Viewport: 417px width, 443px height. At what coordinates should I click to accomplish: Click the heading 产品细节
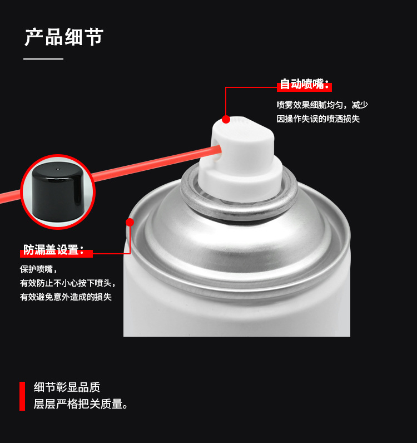pyautogui.click(x=64, y=37)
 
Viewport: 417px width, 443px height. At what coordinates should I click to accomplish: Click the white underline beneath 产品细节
pyautogui.click(x=43, y=59)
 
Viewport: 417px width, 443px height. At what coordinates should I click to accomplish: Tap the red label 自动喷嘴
pyautogui.click(x=304, y=85)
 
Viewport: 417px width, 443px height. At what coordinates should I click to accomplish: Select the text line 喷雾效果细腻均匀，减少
pyautogui.click(x=322, y=105)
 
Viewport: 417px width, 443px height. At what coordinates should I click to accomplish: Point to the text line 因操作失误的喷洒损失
pyautogui.click(x=318, y=119)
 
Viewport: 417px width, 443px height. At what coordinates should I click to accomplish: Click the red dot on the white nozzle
pyautogui.click(x=226, y=119)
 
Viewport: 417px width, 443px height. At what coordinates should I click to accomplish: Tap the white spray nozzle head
pyautogui.click(x=241, y=158)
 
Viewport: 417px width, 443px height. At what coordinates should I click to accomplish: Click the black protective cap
pyautogui.click(x=58, y=192)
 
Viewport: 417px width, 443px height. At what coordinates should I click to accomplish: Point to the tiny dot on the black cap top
pyautogui.click(x=58, y=169)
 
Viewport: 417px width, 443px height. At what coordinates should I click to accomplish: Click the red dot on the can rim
pyautogui.click(x=130, y=222)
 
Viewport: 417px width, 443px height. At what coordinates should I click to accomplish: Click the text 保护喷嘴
pyautogui.click(x=38, y=269)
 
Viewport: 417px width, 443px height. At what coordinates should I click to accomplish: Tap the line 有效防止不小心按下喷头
pyautogui.click(x=67, y=283)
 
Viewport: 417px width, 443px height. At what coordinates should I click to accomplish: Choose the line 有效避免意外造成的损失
pyautogui.click(x=66, y=297)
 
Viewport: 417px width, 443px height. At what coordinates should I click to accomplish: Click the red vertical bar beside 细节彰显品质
pyautogui.click(x=22, y=396)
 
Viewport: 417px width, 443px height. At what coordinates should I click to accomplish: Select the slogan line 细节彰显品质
pyautogui.click(x=67, y=387)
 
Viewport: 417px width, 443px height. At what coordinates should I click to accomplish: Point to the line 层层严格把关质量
pyautogui.click(x=81, y=404)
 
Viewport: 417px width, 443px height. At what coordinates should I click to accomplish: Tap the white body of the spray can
pyautogui.click(x=237, y=313)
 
